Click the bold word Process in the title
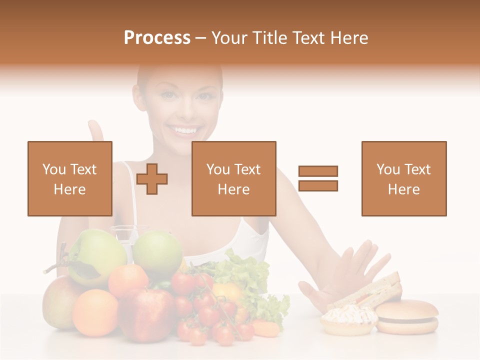click(157, 38)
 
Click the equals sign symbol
click(318, 178)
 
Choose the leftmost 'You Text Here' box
click(70, 178)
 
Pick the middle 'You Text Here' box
click(234, 178)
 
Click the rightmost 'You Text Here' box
click(404, 178)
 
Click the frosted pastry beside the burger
click(349, 320)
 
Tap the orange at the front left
click(95, 312)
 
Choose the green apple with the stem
click(95, 256)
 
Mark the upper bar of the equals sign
click(318, 171)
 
